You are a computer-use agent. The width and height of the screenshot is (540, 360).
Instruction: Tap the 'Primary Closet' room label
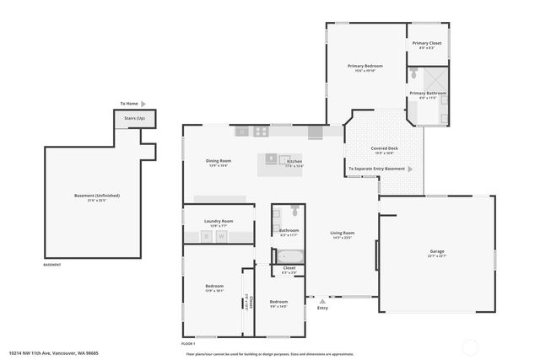click(426, 43)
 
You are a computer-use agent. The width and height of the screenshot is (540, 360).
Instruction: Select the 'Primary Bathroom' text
click(428, 93)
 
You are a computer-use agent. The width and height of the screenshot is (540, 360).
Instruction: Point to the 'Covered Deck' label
click(384, 148)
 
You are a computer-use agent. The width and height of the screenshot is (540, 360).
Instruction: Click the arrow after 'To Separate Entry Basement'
click(410, 169)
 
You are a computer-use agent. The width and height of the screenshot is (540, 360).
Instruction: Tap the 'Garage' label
click(436, 251)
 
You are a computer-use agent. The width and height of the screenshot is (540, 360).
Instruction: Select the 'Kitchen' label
click(294, 161)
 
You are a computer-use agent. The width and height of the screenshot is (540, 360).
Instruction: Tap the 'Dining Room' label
click(219, 160)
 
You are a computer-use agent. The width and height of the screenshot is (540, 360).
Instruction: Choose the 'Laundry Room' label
click(219, 221)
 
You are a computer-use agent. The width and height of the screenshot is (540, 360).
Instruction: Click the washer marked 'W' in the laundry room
click(222, 237)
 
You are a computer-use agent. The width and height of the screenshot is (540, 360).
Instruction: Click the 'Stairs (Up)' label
click(135, 118)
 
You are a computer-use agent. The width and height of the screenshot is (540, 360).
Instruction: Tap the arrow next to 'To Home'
click(143, 104)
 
